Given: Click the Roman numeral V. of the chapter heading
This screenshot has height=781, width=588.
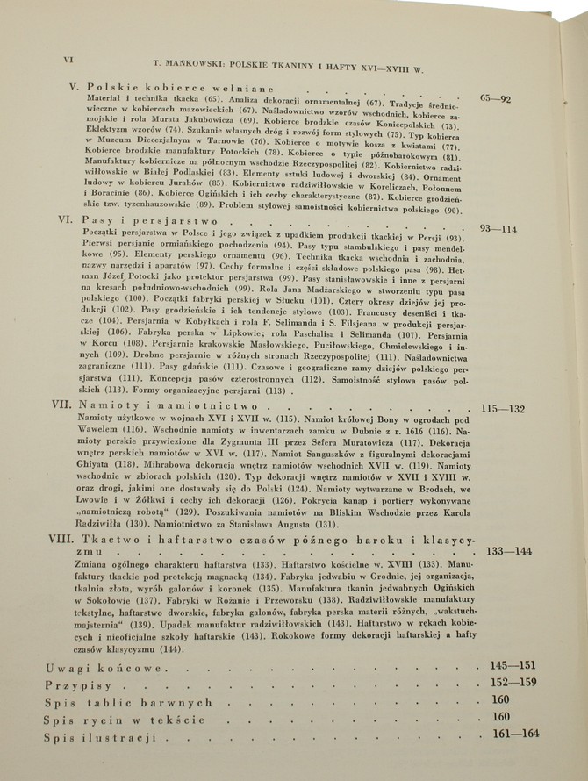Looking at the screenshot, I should click(73, 88).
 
